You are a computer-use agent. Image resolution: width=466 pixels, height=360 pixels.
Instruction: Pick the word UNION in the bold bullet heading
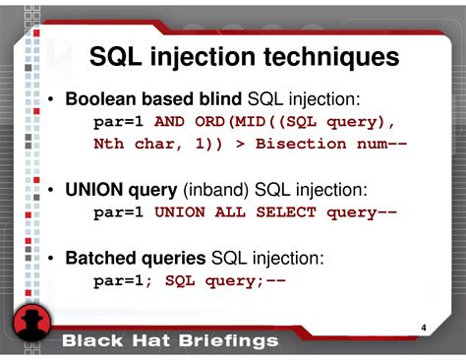point(95,190)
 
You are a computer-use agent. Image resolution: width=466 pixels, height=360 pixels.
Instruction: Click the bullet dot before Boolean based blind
point(49,100)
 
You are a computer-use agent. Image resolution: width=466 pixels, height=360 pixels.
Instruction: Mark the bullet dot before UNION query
point(49,191)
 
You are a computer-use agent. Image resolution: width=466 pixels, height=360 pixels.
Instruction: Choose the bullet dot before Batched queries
point(49,260)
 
